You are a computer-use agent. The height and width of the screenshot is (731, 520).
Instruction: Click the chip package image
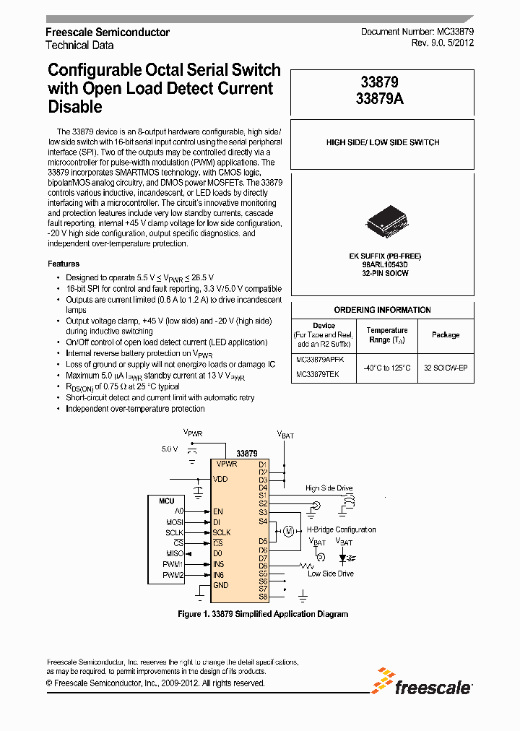pyautogui.click(x=383, y=220)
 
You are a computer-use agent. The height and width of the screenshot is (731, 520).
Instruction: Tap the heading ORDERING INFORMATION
pyautogui.click(x=383, y=310)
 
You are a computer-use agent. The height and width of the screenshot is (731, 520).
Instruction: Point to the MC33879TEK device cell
pyautogui.click(x=317, y=375)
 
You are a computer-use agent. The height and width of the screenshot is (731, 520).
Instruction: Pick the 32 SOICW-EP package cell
pyautogui.click(x=446, y=368)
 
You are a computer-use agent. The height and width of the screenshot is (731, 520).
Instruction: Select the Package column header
pyautogui.click(x=446, y=334)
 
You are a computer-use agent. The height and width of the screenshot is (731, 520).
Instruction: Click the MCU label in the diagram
pyautogui.click(x=166, y=500)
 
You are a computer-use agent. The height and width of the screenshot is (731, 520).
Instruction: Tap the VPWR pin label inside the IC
pyautogui.click(x=227, y=464)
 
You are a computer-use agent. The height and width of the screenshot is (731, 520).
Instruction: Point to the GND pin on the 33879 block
pyautogui.click(x=220, y=585)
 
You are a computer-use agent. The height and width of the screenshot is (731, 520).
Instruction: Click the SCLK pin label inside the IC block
pyautogui.click(x=222, y=532)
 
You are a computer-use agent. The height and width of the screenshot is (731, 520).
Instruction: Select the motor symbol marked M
pyautogui.click(x=288, y=531)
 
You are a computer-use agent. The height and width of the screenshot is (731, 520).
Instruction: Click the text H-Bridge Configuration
pyautogui.click(x=342, y=529)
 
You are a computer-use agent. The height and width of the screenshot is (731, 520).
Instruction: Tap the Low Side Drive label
pyautogui.click(x=331, y=574)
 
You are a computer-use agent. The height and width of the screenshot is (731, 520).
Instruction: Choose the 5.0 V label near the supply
pyautogui.click(x=170, y=449)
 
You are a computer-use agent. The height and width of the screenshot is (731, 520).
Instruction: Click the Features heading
pyautogui.click(x=64, y=264)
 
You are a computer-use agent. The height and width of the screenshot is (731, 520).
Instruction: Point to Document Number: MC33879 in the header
pyautogui.click(x=417, y=33)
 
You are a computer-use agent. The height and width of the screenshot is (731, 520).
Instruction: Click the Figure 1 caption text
pyautogui.click(x=263, y=614)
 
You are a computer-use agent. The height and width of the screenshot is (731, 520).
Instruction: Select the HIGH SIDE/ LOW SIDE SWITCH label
pyautogui.click(x=383, y=142)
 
